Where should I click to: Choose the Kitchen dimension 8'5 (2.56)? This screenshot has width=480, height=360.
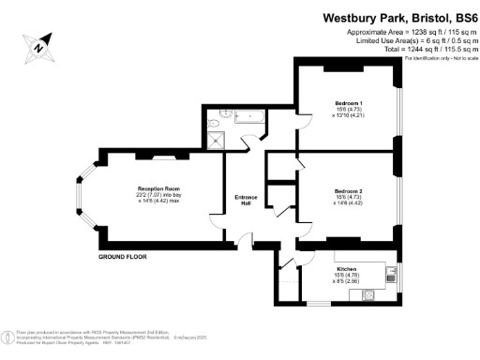[348, 280]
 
